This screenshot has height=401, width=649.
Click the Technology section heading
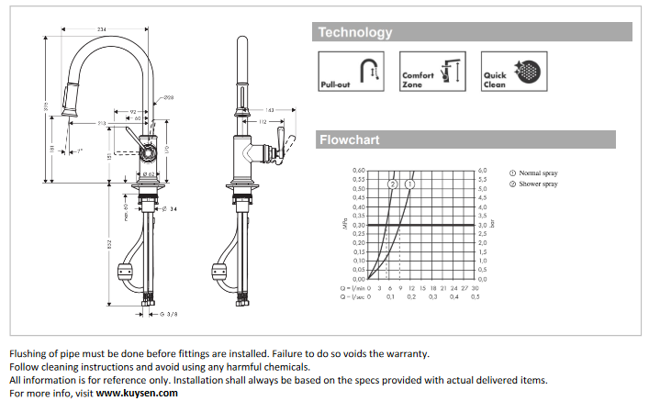click(354, 33)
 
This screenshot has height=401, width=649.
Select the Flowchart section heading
click(349, 140)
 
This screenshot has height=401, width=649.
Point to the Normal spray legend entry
click(538, 173)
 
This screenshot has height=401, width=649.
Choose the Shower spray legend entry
click(538, 184)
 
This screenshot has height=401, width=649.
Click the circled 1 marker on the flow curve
click(409, 184)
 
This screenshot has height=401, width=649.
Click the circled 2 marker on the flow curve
click(393, 184)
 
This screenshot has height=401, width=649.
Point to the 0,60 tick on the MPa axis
click(359, 171)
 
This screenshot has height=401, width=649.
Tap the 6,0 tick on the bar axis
click(483, 171)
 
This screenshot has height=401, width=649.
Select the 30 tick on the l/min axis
click(475, 288)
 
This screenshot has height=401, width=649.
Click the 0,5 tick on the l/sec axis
click(475, 297)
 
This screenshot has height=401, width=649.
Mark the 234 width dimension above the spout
click(101, 31)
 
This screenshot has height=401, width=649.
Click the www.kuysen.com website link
click(138, 393)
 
